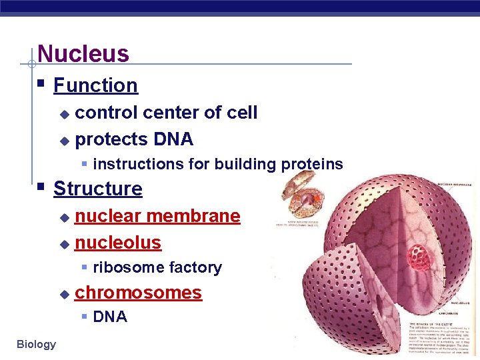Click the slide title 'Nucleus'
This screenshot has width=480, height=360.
(x=83, y=53)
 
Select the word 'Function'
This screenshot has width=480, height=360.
(x=95, y=85)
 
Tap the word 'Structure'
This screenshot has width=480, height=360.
(x=98, y=189)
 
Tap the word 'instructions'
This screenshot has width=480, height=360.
(x=135, y=165)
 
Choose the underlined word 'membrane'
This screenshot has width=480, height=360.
(x=193, y=216)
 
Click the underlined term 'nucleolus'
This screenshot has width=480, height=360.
(x=118, y=243)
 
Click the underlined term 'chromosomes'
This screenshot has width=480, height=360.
(x=138, y=293)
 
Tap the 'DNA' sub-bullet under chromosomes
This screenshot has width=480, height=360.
(x=110, y=317)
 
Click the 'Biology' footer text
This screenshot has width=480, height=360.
(x=37, y=344)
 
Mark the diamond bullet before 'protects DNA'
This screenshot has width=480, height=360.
(x=64, y=141)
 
